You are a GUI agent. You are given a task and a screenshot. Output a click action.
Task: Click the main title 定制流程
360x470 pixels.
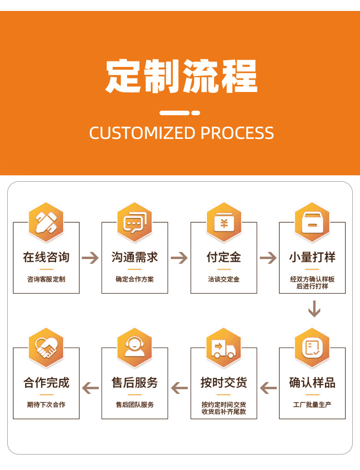(181, 76)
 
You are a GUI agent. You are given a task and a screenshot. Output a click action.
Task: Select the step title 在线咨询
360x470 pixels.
(46, 257)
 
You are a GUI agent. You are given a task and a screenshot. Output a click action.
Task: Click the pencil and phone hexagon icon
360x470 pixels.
(46, 222)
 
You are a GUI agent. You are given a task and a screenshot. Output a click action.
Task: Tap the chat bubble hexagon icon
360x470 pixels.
(134, 222)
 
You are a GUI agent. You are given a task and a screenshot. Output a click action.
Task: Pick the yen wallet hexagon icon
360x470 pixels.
(223, 222)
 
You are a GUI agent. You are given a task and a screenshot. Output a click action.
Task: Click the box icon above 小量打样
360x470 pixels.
(312, 222)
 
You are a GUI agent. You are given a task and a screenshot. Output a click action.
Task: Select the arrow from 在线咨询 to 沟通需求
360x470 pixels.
(90, 258)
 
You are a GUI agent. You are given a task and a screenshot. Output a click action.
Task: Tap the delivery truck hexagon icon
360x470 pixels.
(223, 348)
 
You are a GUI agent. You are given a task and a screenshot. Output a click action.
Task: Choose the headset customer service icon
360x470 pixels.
(134, 348)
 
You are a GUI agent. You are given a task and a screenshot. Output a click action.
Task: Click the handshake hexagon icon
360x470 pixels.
(46, 348)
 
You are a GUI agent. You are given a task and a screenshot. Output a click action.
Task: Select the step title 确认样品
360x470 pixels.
(312, 383)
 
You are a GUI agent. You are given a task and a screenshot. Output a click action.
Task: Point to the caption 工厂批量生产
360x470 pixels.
(312, 404)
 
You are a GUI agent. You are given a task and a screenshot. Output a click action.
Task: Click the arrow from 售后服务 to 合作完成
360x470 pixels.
(90, 388)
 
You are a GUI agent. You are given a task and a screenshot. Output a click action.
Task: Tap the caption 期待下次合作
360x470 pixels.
(46, 404)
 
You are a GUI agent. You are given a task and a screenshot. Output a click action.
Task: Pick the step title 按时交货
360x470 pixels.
(223, 383)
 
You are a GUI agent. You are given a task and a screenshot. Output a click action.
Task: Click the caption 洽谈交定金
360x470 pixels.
(223, 279)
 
